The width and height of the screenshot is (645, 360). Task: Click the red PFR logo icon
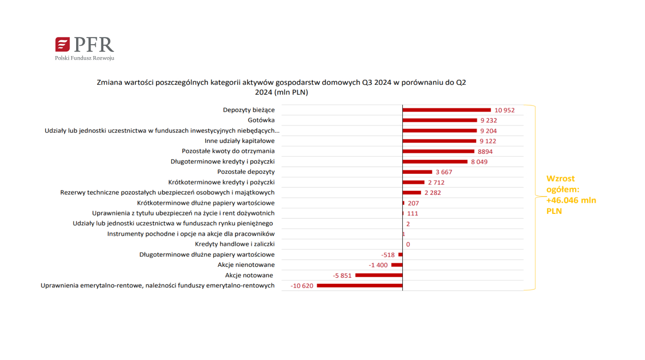point(62,44)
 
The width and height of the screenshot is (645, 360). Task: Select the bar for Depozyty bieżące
point(446,110)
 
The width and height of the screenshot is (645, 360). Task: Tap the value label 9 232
point(489,120)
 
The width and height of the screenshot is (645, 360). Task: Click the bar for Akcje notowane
point(379,275)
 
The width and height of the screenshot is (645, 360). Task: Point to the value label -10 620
point(302,286)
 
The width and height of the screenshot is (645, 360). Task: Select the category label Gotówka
point(261,120)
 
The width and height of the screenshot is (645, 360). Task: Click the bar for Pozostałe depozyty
point(417,172)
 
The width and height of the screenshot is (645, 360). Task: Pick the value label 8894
point(485,152)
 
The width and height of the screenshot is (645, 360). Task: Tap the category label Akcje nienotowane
point(246,265)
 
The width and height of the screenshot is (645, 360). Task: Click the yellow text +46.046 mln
point(571,200)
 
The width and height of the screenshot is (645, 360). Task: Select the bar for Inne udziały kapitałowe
point(439,141)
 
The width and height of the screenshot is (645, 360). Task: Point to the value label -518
point(388,255)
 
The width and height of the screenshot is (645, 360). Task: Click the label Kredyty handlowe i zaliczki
point(235,244)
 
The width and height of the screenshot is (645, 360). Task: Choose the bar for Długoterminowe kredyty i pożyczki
point(435,162)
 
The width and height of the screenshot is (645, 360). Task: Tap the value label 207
point(413,203)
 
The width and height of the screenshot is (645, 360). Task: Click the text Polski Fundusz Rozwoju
point(85,58)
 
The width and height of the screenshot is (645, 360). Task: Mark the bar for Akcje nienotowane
point(397,265)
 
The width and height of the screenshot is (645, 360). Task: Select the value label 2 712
point(436,183)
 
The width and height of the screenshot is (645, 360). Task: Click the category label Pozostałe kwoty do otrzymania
point(228,151)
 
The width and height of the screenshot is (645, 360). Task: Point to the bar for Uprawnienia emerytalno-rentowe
point(360,286)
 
